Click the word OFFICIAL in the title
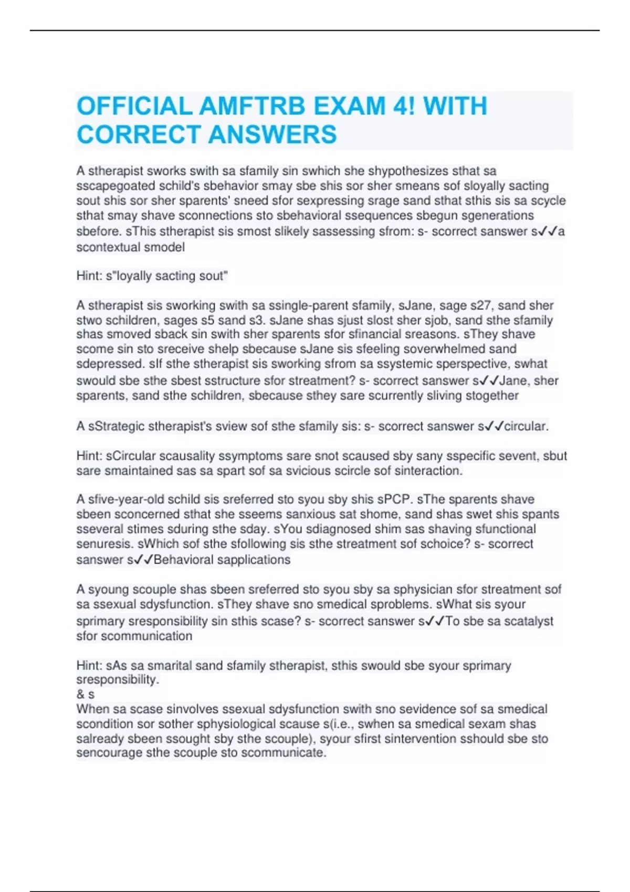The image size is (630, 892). (134, 107)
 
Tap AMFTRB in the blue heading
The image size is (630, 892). (252, 107)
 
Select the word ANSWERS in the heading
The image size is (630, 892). (272, 135)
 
